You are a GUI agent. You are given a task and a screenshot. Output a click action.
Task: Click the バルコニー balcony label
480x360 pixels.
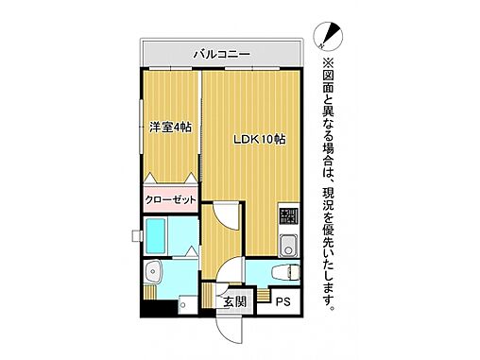tap(221, 55)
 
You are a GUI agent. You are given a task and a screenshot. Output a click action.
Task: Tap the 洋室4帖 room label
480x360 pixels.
tap(170, 127)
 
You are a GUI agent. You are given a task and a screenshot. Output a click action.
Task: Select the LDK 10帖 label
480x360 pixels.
tap(260, 139)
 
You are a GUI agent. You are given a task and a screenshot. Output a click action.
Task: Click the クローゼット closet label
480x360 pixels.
tap(170, 200)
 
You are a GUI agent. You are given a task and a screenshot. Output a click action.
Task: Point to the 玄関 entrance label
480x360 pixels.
tap(234, 301)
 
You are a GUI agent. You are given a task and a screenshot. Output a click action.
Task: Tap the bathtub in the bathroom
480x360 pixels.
tap(158, 235)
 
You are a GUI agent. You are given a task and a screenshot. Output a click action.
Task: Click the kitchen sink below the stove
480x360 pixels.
tap(288, 247)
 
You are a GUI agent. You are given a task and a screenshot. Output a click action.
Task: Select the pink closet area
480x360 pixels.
tap(170, 200)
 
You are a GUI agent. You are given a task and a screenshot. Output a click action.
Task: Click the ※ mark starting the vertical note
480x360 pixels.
tap(329, 62)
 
